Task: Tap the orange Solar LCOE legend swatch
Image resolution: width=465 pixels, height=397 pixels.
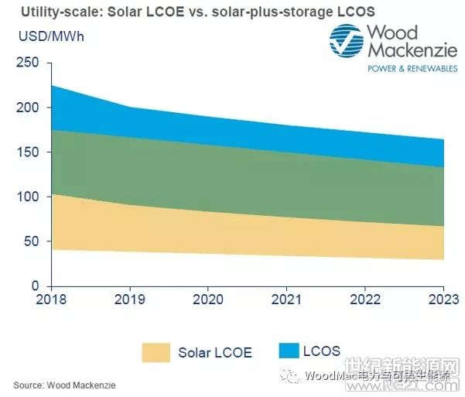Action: coord(156,352)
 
